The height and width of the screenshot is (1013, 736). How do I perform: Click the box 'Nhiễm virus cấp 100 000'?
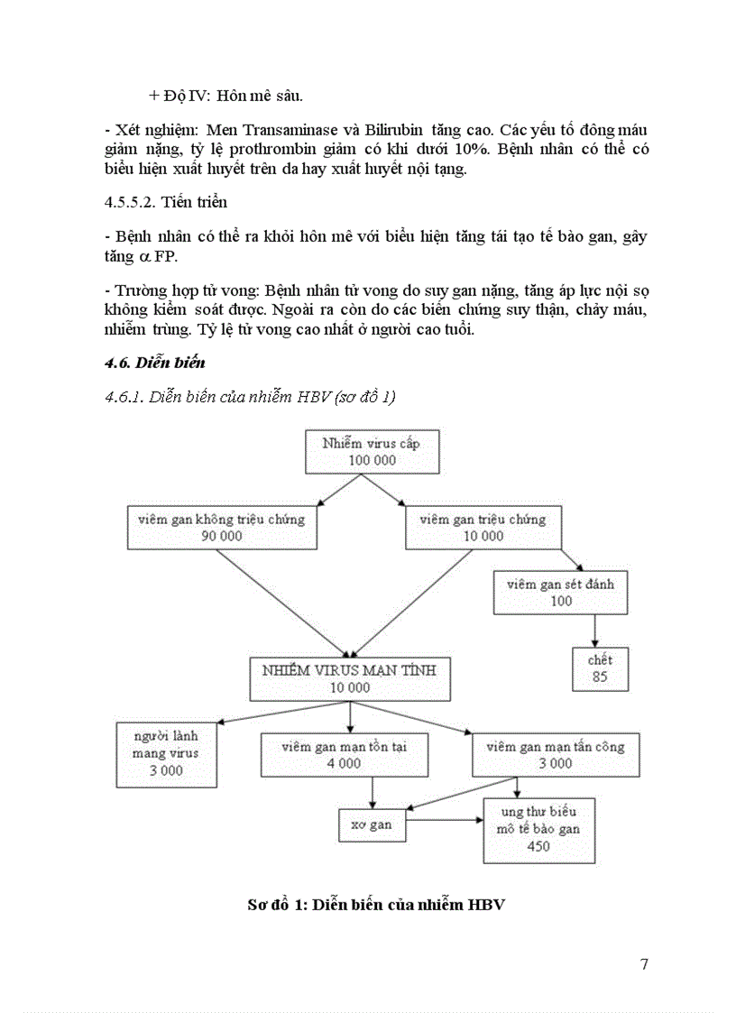coord(371,451)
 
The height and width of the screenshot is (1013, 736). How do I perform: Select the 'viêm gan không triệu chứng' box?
coord(222,527)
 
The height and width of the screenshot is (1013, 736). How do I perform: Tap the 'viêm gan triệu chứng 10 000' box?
coord(483,527)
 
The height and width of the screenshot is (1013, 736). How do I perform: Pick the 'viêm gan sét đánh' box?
coord(560,592)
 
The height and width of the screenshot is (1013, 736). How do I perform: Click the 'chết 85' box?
coord(600,668)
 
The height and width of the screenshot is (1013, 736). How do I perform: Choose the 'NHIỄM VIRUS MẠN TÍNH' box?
coord(351,678)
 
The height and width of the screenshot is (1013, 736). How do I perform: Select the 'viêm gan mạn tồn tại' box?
coord(344,754)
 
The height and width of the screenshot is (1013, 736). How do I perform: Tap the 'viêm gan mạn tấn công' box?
coord(555,754)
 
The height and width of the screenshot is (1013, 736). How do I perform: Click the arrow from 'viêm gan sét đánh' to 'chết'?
coord(594,630)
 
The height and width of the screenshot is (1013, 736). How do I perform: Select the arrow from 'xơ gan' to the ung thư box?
coord(443,820)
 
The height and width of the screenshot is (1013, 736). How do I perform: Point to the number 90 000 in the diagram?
coord(222,536)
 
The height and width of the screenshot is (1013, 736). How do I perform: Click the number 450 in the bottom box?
coord(538,846)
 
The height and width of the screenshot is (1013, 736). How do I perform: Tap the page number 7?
coord(644,963)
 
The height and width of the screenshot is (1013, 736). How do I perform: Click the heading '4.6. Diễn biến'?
coord(155,363)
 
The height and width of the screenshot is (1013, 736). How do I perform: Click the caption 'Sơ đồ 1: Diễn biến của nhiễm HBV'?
coord(375,905)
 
